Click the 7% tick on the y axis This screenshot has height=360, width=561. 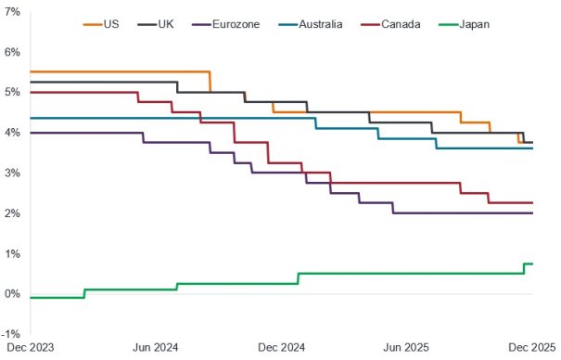click(x=14, y=11)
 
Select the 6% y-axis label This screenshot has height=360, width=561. click(x=14, y=52)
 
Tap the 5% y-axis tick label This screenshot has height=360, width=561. click(x=14, y=92)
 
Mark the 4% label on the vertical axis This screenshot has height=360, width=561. click(x=14, y=133)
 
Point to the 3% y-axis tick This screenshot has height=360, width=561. click(x=14, y=174)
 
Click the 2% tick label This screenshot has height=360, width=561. click(x=14, y=213)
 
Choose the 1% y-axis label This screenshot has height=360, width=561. click(x=14, y=254)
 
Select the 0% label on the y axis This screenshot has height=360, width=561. click(x=14, y=294)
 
